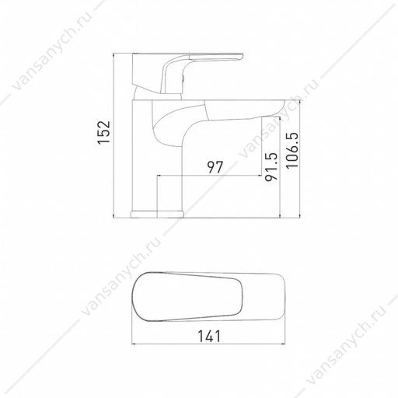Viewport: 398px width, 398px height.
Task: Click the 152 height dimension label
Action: [104, 132]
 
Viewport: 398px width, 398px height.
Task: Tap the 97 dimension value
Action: [215, 167]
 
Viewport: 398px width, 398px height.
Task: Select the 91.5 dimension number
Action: [271, 166]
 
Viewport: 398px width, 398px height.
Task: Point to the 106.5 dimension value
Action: [292, 151]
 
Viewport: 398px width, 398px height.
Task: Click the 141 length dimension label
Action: [209, 336]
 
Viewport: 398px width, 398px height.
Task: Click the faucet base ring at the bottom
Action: [157, 215]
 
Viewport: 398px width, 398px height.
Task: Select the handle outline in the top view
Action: [187, 297]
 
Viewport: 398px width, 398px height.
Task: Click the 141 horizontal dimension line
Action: [209, 344]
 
